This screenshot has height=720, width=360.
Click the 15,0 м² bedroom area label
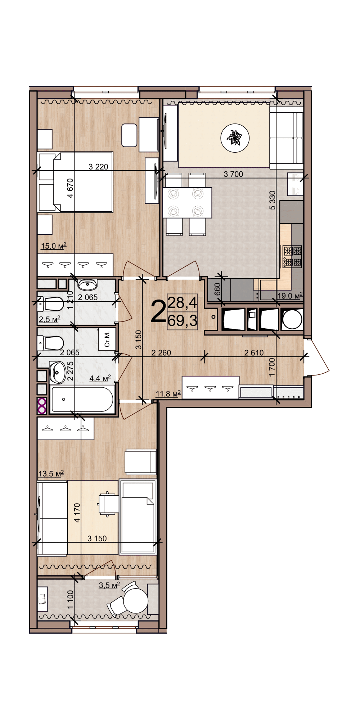coord(54,246)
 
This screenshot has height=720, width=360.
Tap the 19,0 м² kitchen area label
coord(290,296)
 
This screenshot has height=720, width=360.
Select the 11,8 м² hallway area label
coord(168,394)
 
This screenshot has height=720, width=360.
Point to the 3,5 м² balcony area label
coord(109,586)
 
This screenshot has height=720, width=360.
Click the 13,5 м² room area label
coord(51,474)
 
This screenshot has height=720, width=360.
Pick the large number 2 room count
coord(158,312)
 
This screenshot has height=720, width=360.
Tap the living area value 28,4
coord(183,303)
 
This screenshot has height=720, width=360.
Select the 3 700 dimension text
coord(233,174)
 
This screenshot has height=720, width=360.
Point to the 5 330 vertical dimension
coord(273,200)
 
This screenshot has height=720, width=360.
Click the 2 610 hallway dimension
coord(254,353)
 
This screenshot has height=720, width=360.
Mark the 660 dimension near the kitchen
coord(217,289)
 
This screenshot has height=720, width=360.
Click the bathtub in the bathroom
coord(82,399)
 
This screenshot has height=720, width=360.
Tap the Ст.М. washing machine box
coord(107,339)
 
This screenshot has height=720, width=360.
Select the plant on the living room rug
coord(235,138)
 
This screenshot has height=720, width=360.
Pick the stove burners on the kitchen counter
coord(292,256)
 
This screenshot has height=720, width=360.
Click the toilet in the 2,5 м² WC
coord(50,304)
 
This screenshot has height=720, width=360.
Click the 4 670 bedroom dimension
coord(70,188)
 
